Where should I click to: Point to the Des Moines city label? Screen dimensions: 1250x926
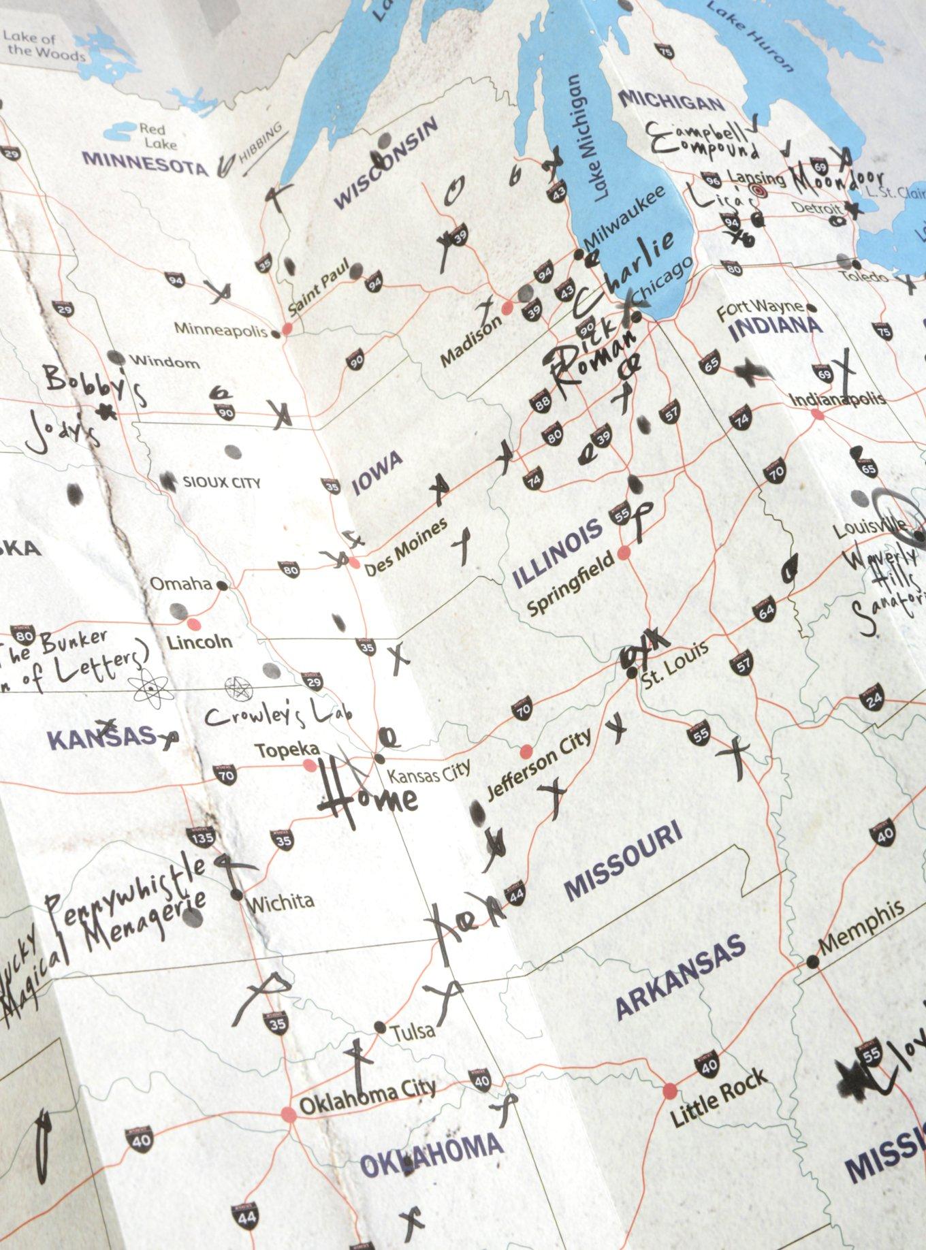point(406,547)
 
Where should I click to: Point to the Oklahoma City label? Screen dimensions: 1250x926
point(367,1098)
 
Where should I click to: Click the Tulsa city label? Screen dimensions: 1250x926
point(413,1030)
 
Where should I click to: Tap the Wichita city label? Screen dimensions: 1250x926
point(281,903)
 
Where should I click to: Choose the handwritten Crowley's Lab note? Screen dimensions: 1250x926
point(278,714)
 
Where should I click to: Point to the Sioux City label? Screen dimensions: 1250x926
point(221,483)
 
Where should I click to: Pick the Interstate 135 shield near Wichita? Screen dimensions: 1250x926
point(204,837)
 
